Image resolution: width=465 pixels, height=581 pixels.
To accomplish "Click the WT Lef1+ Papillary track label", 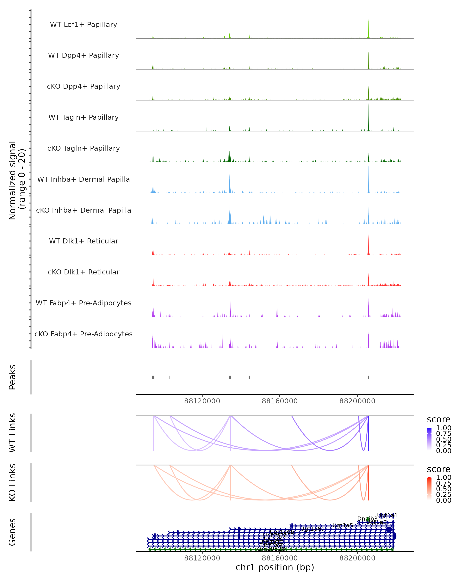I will coord(84,25).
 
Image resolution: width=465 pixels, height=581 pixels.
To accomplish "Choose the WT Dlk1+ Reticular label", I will coord(84,241).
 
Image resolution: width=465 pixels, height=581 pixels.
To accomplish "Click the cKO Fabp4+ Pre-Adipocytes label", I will coord(84,334).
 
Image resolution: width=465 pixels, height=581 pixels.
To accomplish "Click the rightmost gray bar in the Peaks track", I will coord(369,377).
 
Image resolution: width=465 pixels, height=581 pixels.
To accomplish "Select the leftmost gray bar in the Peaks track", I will coord(153,377).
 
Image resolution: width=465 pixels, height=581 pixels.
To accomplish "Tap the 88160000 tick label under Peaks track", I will coord(280,401).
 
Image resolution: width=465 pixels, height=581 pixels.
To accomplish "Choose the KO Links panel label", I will coord(12,482).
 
